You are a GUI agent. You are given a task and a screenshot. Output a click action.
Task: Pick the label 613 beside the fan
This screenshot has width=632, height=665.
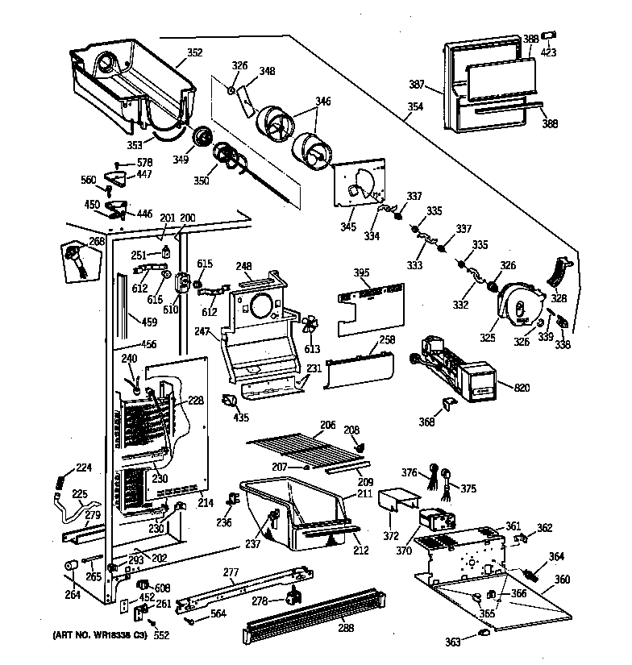312,349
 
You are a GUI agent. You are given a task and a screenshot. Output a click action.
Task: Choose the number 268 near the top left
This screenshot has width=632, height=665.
97,241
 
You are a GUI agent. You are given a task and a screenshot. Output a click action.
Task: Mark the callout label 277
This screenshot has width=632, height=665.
231,572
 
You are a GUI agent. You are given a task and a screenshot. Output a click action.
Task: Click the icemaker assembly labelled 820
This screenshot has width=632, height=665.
451,367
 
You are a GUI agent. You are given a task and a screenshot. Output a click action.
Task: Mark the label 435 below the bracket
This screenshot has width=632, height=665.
241,418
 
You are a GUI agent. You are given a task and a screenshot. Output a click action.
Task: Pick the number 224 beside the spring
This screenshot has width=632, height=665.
85,468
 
